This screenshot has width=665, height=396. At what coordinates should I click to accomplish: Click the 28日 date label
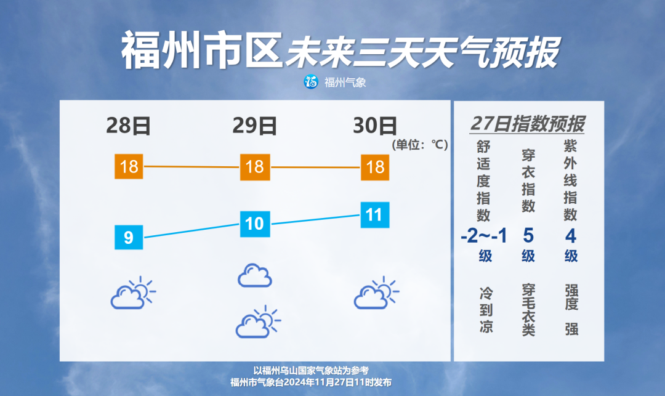pyautogui.click(x=129, y=126)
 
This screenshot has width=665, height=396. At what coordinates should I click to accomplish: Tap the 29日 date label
pyautogui.click(x=254, y=126)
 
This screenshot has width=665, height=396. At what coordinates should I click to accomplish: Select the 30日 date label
pyautogui.click(x=376, y=126)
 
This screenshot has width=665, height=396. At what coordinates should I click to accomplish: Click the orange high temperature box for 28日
pyautogui.click(x=129, y=167)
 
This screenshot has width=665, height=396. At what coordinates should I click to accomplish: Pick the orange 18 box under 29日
pyautogui.click(x=255, y=167)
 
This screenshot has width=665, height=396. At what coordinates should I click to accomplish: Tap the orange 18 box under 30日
pyautogui.click(x=376, y=168)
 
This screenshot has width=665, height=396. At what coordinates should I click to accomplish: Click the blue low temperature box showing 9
pyautogui.click(x=129, y=238)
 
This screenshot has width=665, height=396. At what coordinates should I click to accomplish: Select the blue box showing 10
pyautogui.click(x=255, y=224)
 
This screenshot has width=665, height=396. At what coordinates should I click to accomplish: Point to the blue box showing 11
pyautogui.click(x=376, y=215)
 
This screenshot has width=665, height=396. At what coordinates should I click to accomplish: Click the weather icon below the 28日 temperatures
pyautogui.click(x=133, y=293)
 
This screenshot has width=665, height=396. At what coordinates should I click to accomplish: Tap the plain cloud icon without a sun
pyautogui.click(x=254, y=275)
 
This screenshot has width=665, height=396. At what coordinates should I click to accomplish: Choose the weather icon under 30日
pyautogui.click(x=376, y=293)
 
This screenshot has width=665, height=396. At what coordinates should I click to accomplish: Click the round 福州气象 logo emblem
pyautogui.click(x=312, y=82)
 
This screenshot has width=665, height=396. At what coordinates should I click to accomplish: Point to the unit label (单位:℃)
pyautogui.click(x=420, y=145)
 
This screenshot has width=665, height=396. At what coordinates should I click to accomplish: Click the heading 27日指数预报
pyautogui.click(x=527, y=124)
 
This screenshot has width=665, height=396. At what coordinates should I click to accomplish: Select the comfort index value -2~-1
pyautogui.click(x=484, y=236)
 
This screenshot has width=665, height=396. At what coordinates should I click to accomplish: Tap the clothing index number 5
pyautogui.click(x=528, y=236)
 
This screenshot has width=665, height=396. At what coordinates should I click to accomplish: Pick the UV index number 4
pyautogui.click(x=571, y=236)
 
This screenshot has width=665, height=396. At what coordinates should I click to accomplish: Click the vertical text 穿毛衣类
pyautogui.click(x=528, y=310)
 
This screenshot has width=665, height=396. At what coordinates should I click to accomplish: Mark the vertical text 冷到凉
pyautogui.click(x=486, y=310)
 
